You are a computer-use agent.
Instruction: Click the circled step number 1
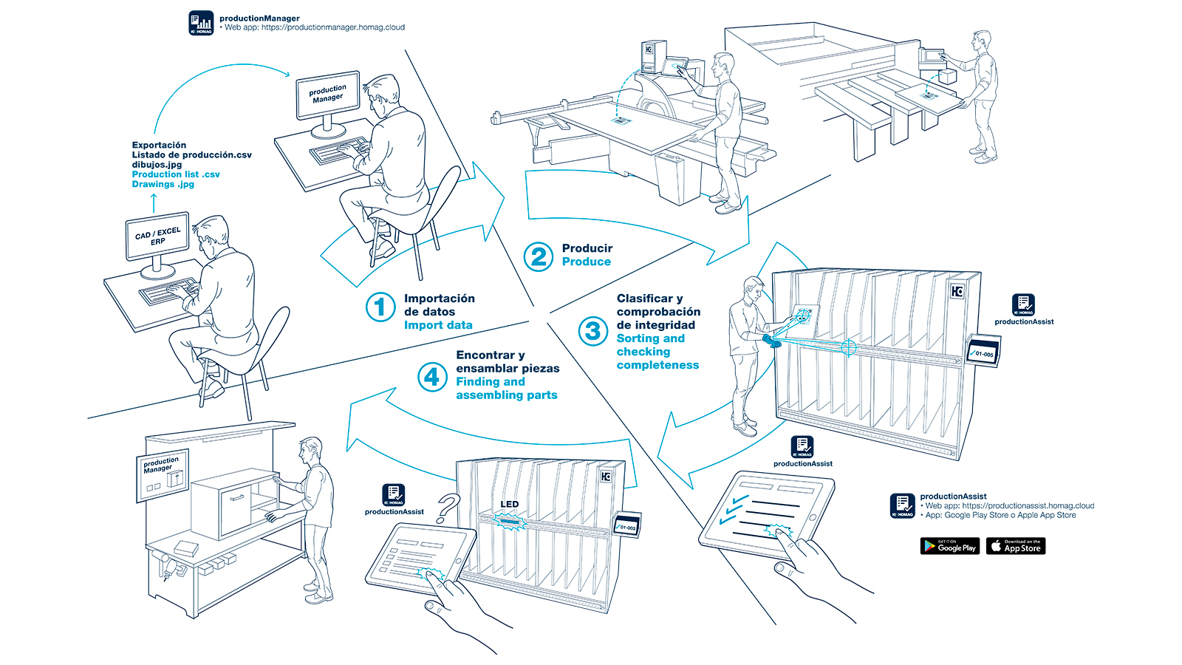(x=380, y=307)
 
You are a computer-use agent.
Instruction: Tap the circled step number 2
(x=539, y=256)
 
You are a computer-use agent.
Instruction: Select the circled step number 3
(x=592, y=332)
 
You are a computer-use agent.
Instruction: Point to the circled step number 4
(x=432, y=377)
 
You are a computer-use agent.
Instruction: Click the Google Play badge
(x=950, y=546)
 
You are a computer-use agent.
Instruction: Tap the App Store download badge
(x=1016, y=546)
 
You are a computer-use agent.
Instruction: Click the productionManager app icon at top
(x=201, y=23)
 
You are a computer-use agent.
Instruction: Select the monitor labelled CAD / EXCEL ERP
(x=157, y=236)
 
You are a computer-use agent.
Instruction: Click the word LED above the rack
(x=510, y=505)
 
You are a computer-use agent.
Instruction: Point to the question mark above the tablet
(x=448, y=508)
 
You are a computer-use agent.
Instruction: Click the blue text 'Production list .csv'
(x=176, y=174)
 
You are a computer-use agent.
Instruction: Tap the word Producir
(x=587, y=248)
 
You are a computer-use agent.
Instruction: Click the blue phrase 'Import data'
(x=438, y=325)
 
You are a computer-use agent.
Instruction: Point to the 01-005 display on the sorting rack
(x=984, y=352)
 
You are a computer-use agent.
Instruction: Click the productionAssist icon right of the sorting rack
(x=1023, y=304)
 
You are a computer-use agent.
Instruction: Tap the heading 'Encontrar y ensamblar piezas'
(x=508, y=361)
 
